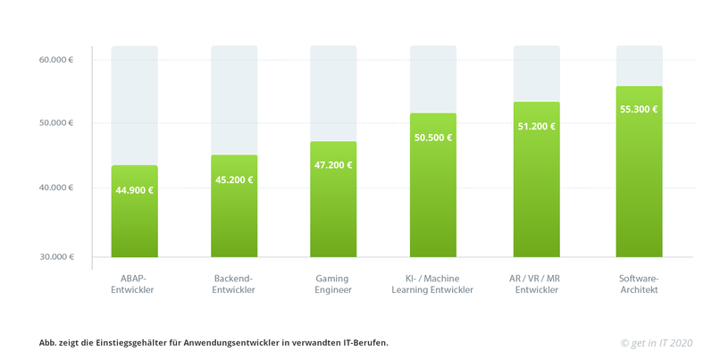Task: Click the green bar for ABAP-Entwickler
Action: coord(134,223)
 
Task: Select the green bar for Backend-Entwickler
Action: coord(234,223)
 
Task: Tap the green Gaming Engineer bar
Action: coord(333,223)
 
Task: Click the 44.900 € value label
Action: coord(134,189)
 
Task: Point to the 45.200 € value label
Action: coord(234,180)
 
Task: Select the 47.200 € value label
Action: coord(333,165)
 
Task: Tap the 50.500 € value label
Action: coord(433,138)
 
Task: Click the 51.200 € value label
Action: coord(536,126)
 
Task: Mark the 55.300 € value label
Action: coord(639,109)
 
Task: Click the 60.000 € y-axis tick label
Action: coord(56,60)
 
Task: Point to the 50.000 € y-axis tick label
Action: coord(56,122)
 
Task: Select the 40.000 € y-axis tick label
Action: coord(56,188)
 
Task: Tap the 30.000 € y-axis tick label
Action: coord(56,257)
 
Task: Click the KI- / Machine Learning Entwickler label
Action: coord(433,283)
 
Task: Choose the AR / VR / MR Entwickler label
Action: coord(536,283)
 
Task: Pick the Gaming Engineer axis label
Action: coord(333,283)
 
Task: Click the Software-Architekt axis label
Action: coord(639,283)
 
